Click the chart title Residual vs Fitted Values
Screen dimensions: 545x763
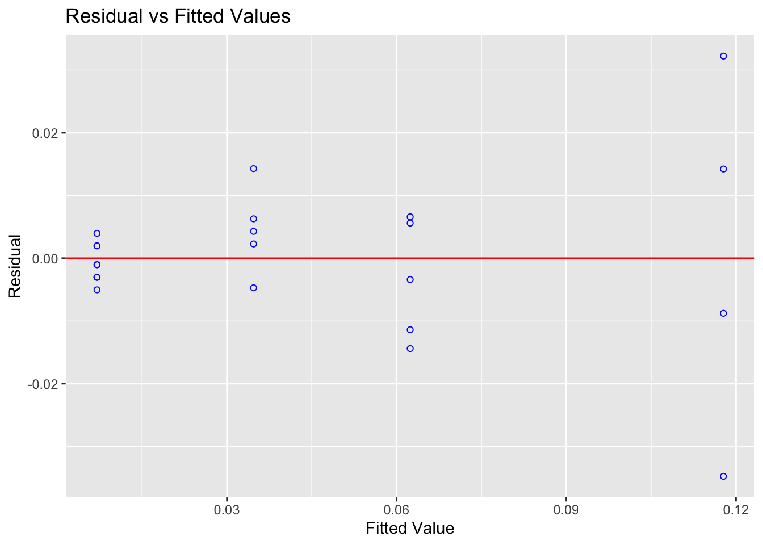pyautogui.click(x=178, y=16)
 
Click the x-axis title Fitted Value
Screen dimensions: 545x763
pyautogui.click(x=410, y=529)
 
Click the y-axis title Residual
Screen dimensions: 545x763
pyautogui.click(x=15, y=266)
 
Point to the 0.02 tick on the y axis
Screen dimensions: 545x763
pyautogui.click(x=47, y=133)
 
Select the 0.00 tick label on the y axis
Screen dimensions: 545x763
pyautogui.click(x=47, y=259)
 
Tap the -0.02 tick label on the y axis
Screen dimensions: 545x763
pyautogui.click(x=45, y=384)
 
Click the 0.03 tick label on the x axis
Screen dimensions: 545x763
pyautogui.click(x=227, y=511)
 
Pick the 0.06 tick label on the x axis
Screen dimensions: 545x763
pyautogui.click(x=396, y=511)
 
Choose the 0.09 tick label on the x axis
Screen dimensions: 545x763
pyautogui.click(x=566, y=511)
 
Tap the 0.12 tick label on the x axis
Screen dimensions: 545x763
pyautogui.click(x=736, y=511)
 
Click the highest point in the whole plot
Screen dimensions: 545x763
pyautogui.click(x=723, y=56)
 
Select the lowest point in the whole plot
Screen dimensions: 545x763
pyautogui.click(x=723, y=476)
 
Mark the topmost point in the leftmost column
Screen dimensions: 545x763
pyautogui.click(x=97, y=233)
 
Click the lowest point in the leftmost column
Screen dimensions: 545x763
pyautogui.click(x=97, y=290)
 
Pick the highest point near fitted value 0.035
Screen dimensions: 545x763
pyautogui.click(x=254, y=169)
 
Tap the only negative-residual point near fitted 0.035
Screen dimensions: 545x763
pyautogui.click(x=254, y=288)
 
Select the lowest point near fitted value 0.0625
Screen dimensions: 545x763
pyautogui.click(x=410, y=349)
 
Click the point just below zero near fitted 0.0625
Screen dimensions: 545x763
pyautogui.click(x=410, y=280)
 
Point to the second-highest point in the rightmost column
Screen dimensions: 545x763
pyautogui.click(x=723, y=169)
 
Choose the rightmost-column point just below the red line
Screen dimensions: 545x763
pyautogui.click(x=723, y=313)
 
